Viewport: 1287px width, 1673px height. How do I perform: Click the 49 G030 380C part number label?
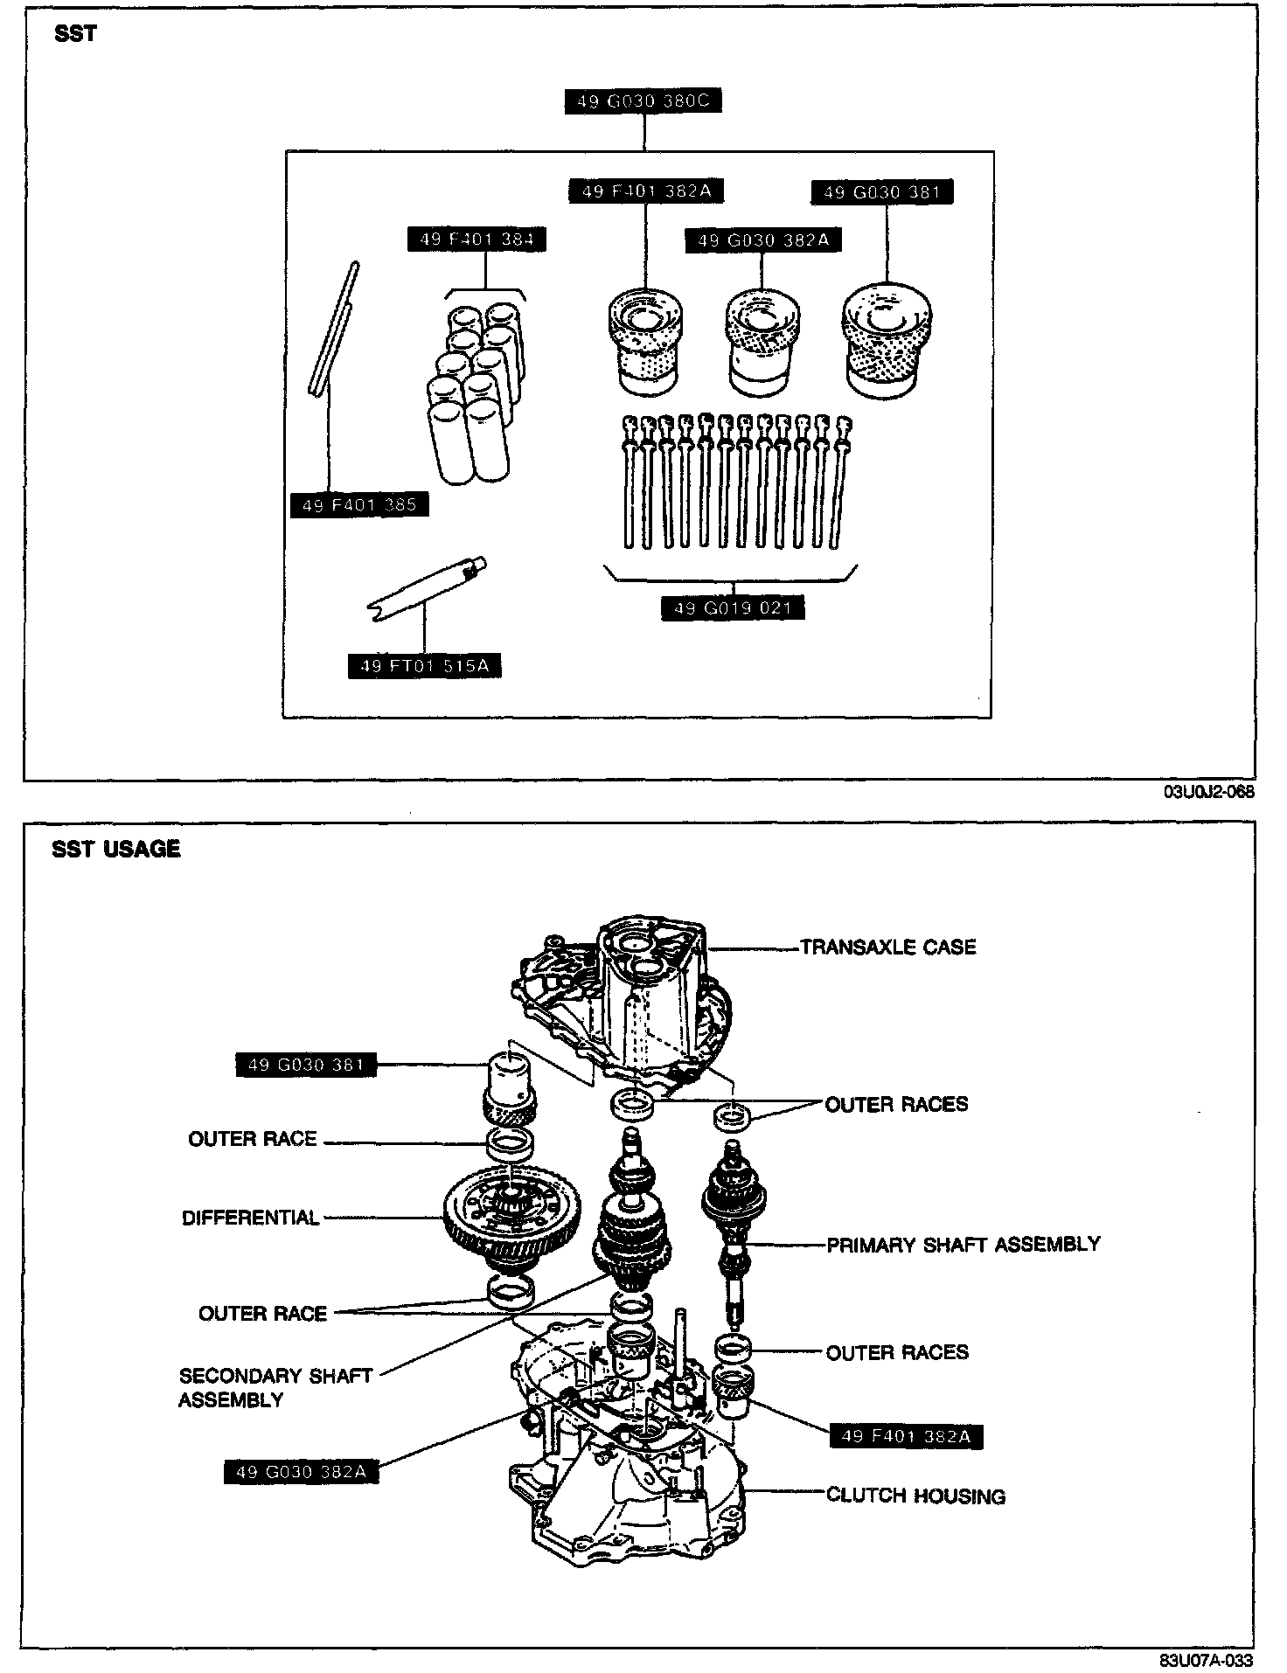pos(643,101)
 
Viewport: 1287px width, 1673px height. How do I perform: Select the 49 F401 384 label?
pos(477,239)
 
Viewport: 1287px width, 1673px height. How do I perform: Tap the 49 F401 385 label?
pos(358,505)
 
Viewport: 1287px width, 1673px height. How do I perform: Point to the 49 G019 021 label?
pos(733,607)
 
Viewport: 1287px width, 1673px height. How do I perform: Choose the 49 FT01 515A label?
pos(424,666)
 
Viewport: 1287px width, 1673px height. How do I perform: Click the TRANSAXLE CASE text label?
pos(887,947)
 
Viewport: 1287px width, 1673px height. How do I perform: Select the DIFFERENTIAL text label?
pos(250,1218)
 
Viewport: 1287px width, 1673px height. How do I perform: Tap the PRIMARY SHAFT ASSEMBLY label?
pos(964,1244)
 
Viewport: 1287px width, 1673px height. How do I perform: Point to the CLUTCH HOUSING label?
pos(915,1496)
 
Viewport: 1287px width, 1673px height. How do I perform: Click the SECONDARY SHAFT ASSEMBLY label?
pos(275,1387)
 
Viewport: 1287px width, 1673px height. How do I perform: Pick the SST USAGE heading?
pos(115,849)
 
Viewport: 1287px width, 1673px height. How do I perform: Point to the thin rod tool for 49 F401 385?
pos(335,328)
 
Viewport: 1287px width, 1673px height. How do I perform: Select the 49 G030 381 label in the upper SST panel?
pos(882,192)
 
